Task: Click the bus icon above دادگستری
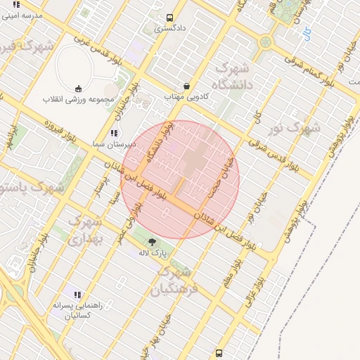pyautogui.click(x=169, y=18)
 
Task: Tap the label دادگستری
pyautogui.click(x=170, y=29)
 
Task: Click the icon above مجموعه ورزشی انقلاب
pyautogui.click(x=78, y=89)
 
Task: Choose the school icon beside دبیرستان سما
pyautogui.click(x=114, y=133)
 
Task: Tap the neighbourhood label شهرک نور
pyautogui.click(x=300, y=129)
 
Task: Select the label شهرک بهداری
pyautogui.click(x=85, y=230)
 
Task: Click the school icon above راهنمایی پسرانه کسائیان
pyautogui.click(x=77, y=295)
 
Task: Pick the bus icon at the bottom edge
pyautogui.click(x=219, y=353)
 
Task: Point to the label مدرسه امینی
pyautogui.click(x=23, y=15)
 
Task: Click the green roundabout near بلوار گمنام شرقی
pyautogui.click(x=266, y=41)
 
